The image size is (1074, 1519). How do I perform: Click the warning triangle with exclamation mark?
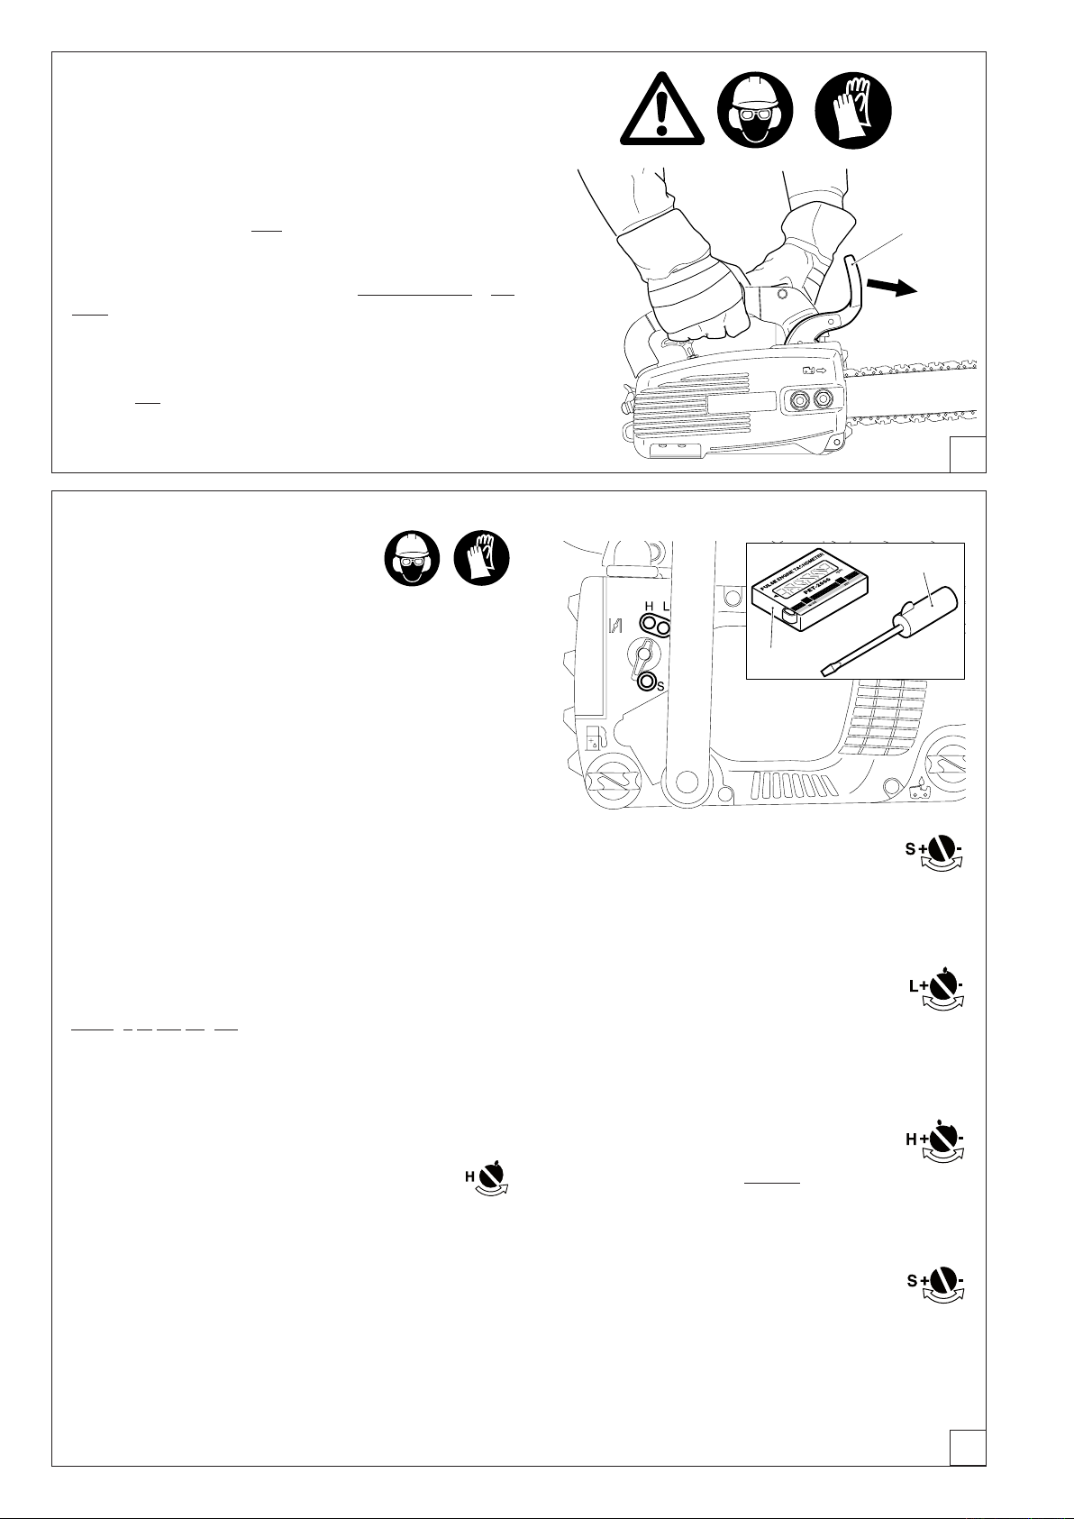coord(663,113)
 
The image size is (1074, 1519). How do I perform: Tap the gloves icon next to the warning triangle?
coord(852,112)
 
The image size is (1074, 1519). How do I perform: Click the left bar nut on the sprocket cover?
coord(798,398)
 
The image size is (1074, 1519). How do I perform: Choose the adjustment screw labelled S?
coord(646,682)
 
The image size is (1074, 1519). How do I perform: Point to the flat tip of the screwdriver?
coord(825,669)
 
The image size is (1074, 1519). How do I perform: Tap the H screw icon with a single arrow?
coord(487,1177)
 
